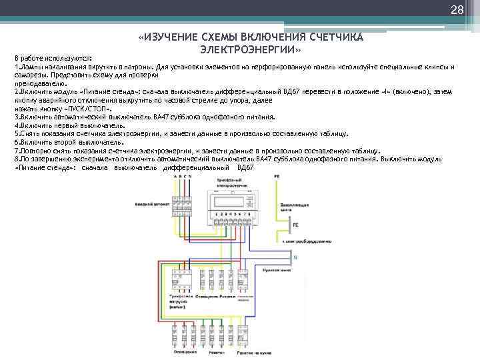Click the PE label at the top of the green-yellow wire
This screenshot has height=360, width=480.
tap(278, 176)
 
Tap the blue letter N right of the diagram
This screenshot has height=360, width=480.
tap(295, 256)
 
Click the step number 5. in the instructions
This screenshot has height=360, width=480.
tap(17, 133)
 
